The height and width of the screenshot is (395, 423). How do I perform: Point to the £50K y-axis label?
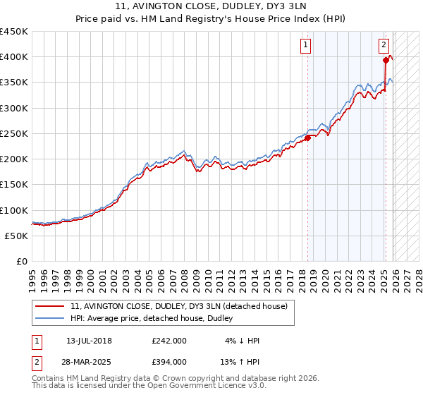coord(16,236)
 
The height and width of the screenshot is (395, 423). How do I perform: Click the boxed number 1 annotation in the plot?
coord(306,45)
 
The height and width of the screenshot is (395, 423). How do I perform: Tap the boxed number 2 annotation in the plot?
coord(384,45)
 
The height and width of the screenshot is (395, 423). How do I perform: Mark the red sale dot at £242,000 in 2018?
coord(308,138)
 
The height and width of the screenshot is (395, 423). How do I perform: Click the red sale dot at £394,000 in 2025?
coord(386,60)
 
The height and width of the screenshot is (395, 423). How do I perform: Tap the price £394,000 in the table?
coord(169,362)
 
